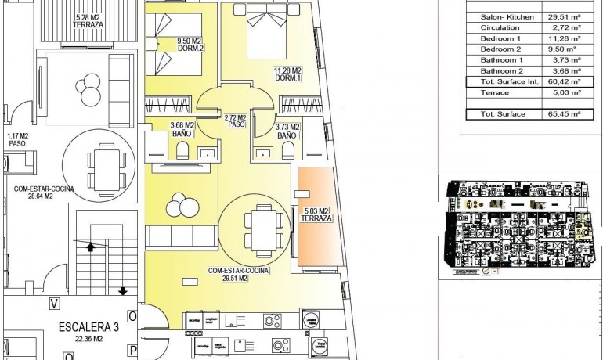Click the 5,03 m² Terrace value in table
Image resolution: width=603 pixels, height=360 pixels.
tap(564, 92)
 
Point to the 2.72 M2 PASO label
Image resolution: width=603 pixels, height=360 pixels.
tap(236, 121)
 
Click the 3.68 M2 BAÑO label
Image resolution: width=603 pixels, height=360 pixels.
tap(181, 130)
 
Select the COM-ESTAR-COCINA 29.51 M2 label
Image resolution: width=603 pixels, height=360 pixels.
tap(239, 274)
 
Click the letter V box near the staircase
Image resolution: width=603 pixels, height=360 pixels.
tap(54, 303)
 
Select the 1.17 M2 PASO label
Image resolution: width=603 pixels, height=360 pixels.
tap(18, 139)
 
